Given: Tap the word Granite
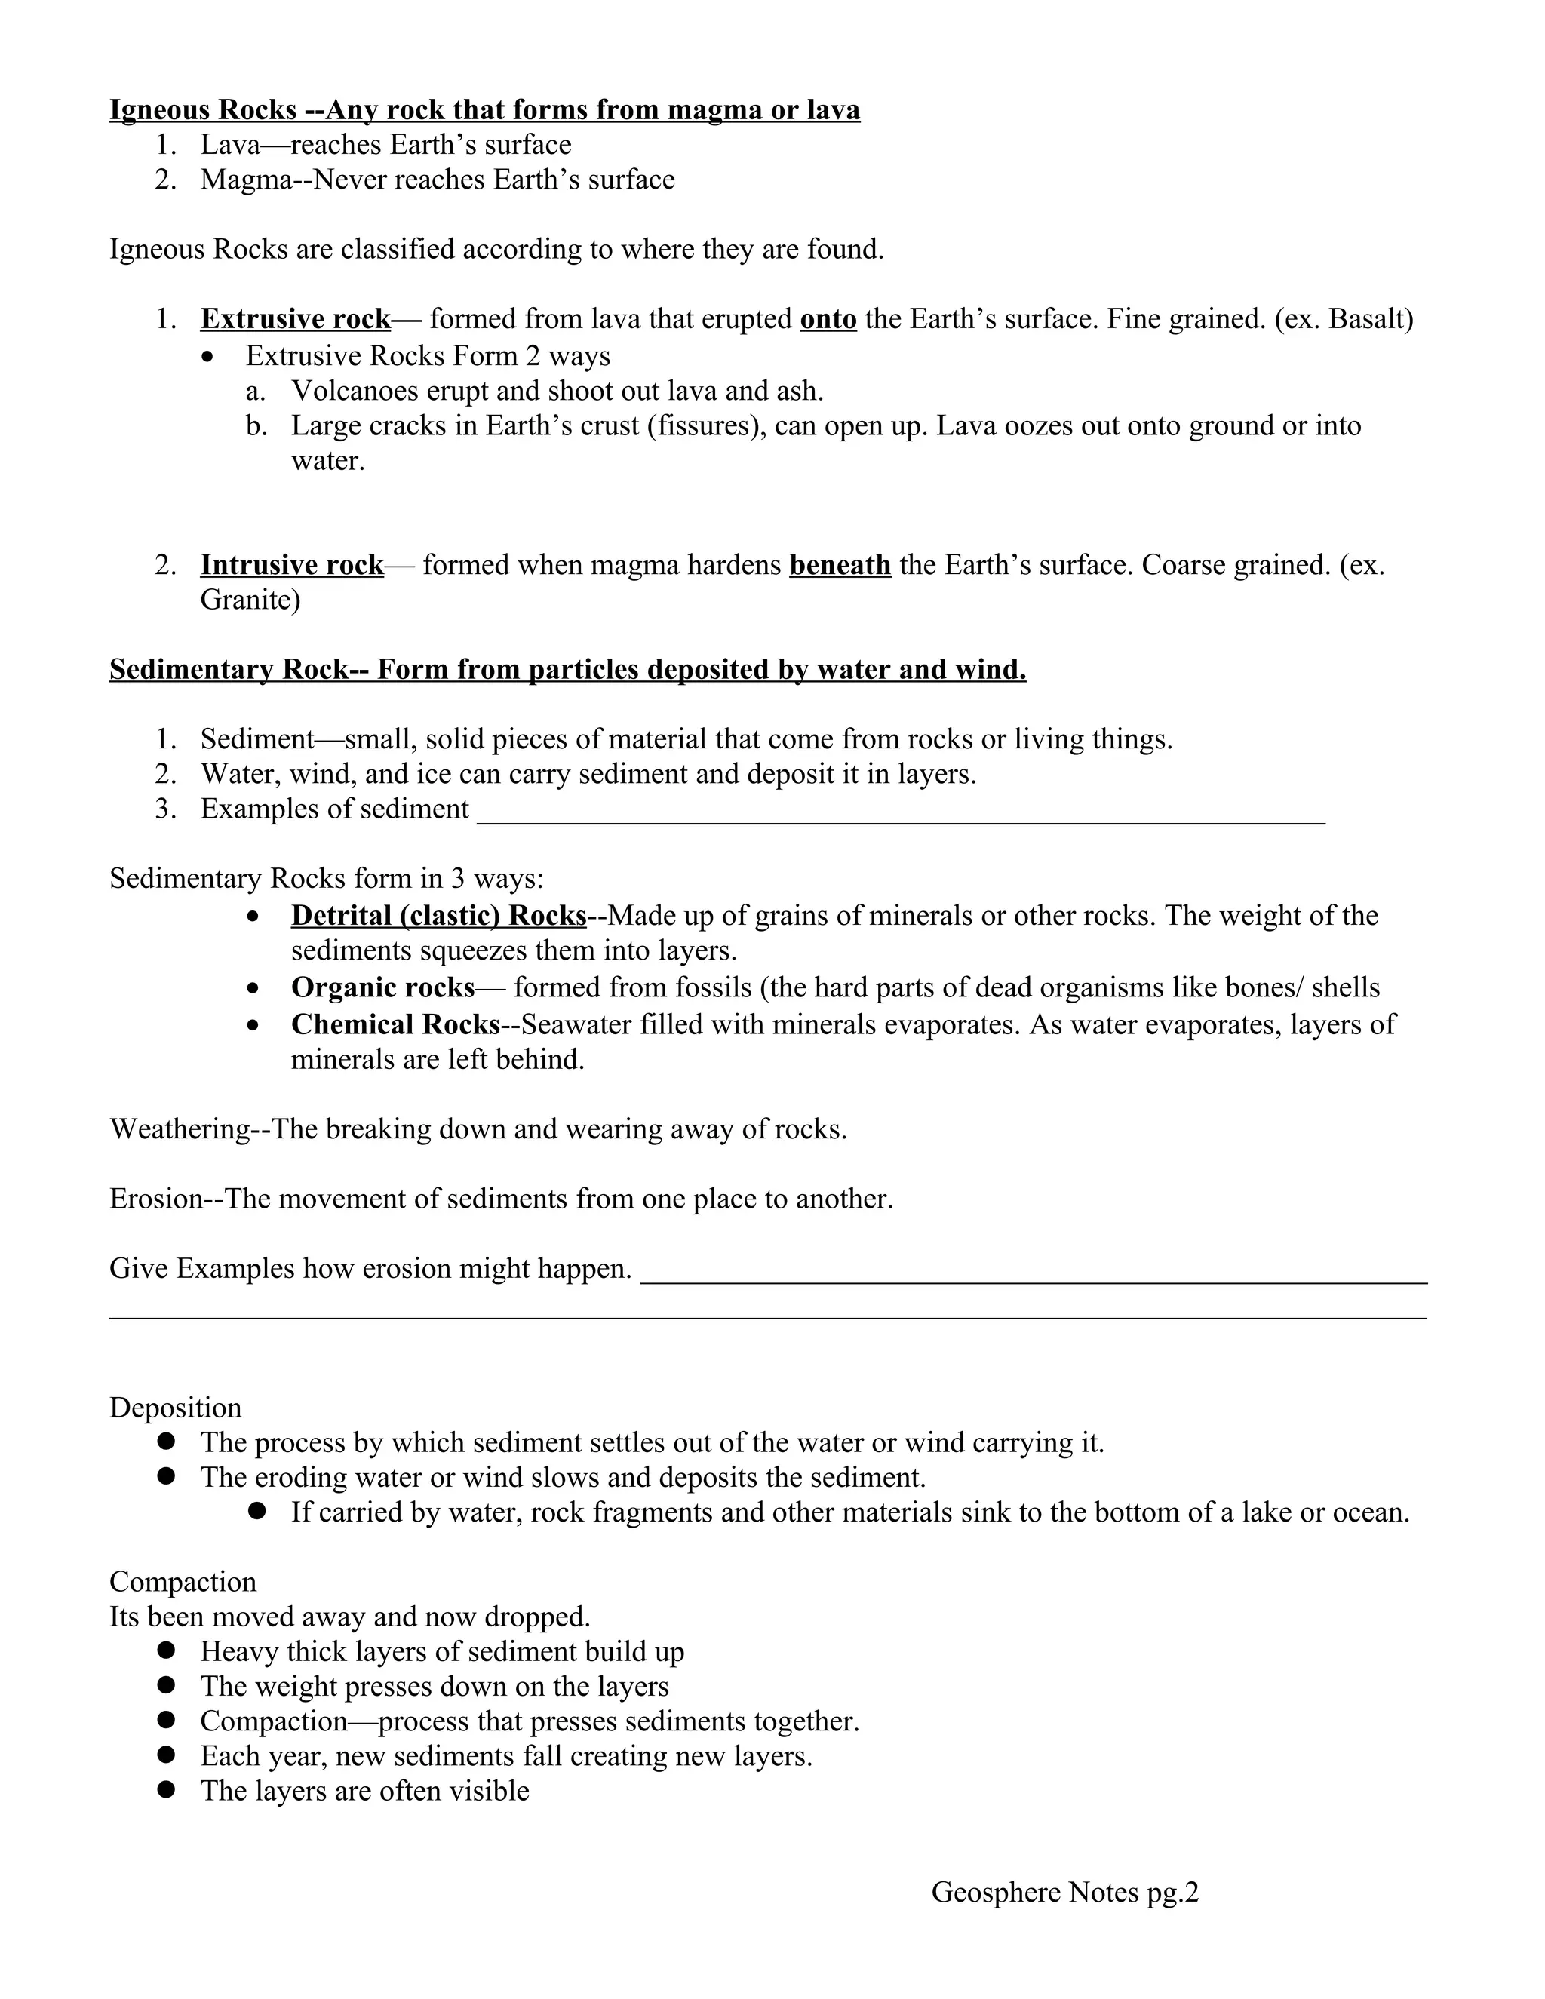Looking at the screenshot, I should [x=249, y=600].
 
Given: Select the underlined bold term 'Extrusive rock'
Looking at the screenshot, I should [x=296, y=319].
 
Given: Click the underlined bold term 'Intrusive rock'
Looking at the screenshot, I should [x=292, y=566].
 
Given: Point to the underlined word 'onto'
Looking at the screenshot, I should [x=828, y=319].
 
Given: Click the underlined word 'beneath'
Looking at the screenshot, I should [x=840, y=566].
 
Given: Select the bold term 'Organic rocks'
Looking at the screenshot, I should [x=382, y=987].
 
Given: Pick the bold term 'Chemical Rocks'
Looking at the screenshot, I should [x=395, y=1024].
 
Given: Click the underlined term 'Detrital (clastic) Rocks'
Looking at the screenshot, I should [x=438, y=917].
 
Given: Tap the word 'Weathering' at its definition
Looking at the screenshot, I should [x=180, y=1129].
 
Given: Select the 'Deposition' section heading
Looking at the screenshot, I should [x=176, y=1408].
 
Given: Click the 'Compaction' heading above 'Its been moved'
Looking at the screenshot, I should [x=183, y=1582].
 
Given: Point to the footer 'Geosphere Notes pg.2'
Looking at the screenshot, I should [x=1064, y=1892].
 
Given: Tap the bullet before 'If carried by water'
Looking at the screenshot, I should [x=256, y=1511].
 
